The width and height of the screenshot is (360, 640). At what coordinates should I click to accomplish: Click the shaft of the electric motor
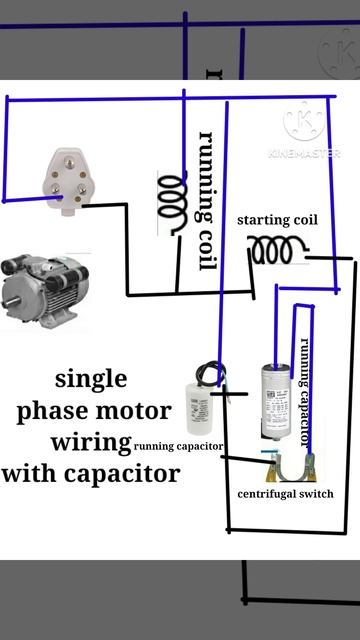[x=11, y=302]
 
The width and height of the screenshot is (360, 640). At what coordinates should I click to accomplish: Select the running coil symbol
[x=172, y=203]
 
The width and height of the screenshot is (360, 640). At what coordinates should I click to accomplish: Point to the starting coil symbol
[x=278, y=250]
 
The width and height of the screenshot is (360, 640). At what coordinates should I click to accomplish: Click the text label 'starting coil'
[x=277, y=220]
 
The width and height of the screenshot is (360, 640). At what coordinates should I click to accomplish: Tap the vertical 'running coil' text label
[x=206, y=201]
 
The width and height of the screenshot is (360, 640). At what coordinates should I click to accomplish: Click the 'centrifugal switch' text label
[x=285, y=494]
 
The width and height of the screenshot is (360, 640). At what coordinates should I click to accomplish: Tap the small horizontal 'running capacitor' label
[x=178, y=446]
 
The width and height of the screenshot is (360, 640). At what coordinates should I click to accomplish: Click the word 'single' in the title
[x=91, y=379]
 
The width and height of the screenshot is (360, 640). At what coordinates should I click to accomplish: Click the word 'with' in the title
[x=31, y=473]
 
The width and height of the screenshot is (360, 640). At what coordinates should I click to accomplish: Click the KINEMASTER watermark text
[x=304, y=154]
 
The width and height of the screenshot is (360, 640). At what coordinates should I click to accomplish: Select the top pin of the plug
[x=69, y=164]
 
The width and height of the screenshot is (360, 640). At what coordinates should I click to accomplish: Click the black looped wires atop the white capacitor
[x=211, y=373]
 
